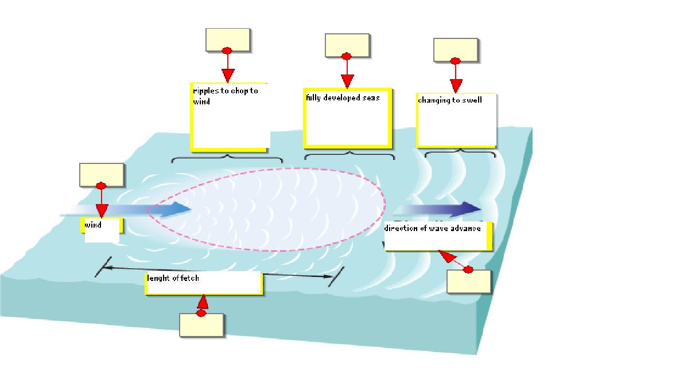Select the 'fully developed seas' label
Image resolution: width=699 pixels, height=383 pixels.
(x=347, y=118)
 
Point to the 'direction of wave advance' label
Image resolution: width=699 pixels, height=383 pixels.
(x=437, y=236)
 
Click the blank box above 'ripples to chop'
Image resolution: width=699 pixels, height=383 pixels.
(x=228, y=40)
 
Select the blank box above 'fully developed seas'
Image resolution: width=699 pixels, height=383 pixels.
(x=347, y=45)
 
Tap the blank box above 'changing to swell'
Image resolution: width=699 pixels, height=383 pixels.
(x=456, y=50)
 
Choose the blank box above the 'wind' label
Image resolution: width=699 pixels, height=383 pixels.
(x=102, y=175)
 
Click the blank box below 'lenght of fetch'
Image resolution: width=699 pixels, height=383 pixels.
(x=201, y=325)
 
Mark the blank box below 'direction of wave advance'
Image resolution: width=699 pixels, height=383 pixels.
(x=469, y=282)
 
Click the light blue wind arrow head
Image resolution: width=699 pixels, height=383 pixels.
(x=182, y=209)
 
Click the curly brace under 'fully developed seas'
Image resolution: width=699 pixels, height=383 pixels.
(x=349, y=155)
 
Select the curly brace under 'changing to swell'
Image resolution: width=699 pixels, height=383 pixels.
(x=460, y=153)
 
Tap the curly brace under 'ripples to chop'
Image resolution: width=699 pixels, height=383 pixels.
(x=227, y=158)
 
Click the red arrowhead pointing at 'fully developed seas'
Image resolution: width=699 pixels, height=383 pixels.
(x=347, y=81)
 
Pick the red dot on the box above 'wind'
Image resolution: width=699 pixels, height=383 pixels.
(x=102, y=186)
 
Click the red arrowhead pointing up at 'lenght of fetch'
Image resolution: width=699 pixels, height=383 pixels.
(x=202, y=302)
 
